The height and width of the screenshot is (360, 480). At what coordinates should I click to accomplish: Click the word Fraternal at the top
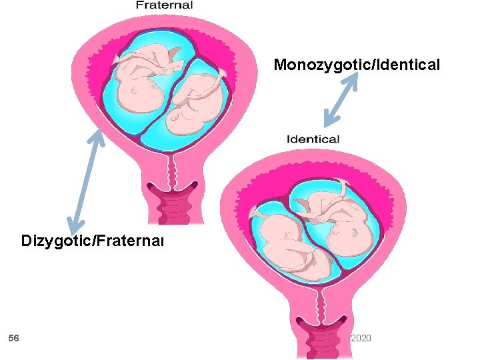click(164, 5)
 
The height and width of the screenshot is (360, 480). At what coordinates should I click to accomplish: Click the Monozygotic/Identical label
click(357, 65)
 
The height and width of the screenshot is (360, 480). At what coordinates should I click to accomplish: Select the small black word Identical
click(313, 139)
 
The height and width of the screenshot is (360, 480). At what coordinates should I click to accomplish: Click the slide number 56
click(13, 339)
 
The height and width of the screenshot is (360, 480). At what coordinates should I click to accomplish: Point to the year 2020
click(361, 339)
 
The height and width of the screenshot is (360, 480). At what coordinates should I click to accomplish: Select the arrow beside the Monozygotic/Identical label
click(341, 100)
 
